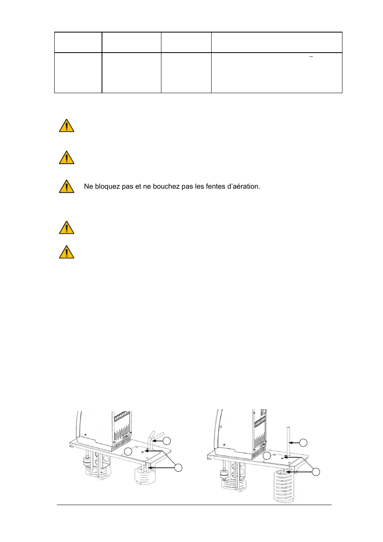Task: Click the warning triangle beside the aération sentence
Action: coord(67,187)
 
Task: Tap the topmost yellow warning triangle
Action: coord(67,126)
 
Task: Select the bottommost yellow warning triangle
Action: coord(67,253)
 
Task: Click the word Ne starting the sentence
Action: coord(88,186)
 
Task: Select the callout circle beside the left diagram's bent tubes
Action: coord(167,441)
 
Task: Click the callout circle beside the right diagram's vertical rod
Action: coord(304,443)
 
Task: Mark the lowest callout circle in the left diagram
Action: coord(178,467)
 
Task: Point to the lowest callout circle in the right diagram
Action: coord(316,472)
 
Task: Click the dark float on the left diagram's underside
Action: coord(87,462)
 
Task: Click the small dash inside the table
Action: coord(311,57)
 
